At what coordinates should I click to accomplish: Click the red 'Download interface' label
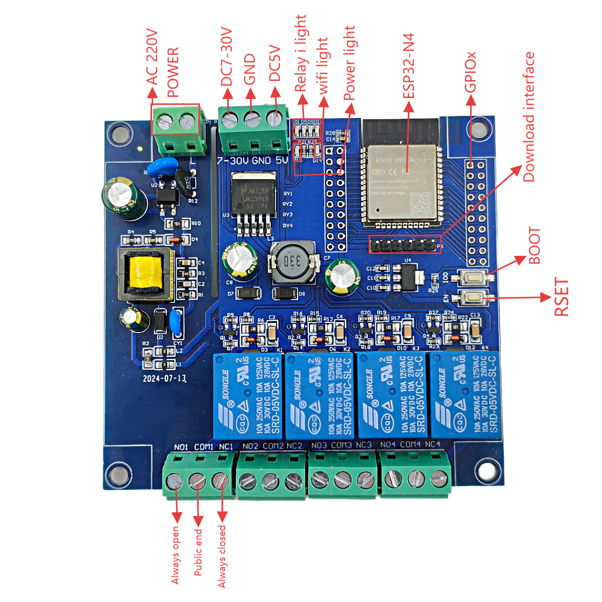click(529, 117)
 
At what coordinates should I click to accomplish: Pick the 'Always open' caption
click(175, 555)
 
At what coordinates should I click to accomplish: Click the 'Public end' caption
click(198, 552)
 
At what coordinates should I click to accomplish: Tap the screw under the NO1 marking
click(175, 481)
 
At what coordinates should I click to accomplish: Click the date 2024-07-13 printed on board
click(165, 378)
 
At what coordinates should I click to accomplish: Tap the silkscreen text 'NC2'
click(294, 445)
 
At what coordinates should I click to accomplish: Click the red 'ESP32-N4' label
click(409, 66)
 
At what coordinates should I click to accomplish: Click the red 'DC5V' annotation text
click(275, 63)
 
